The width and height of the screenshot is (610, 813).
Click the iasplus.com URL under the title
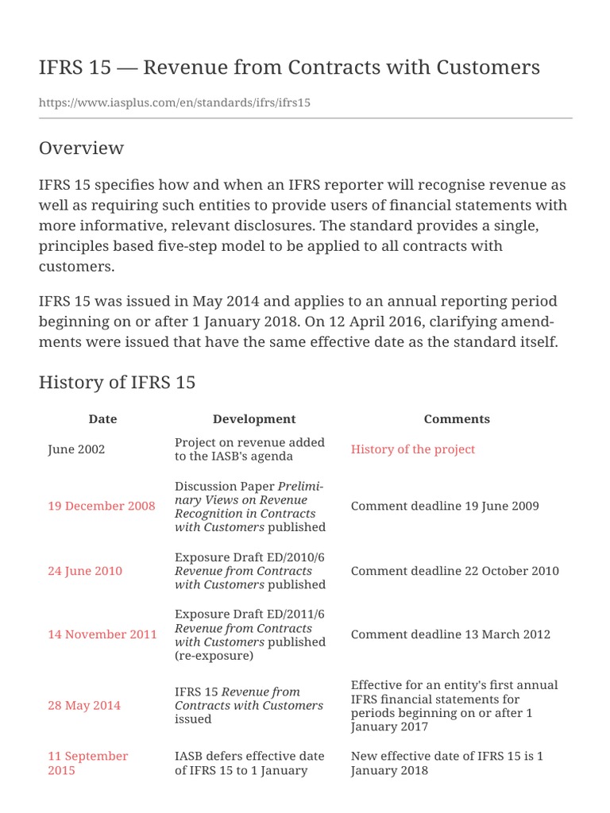(x=175, y=103)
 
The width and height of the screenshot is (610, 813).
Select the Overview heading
(x=81, y=148)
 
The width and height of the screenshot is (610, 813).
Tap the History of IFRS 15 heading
(x=117, y=383)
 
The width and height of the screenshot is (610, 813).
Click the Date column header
(x=102, y=419)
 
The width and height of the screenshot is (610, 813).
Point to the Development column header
(x=254, y=419)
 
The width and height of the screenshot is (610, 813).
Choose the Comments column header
(x=457, y=419)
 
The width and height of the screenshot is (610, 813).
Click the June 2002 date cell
(x=76, y=449)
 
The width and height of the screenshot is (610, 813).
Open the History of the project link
(x=413, y=449)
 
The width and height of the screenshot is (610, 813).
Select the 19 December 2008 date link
(x=102, y=506)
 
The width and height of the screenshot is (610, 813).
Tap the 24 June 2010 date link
(x=85, y=571)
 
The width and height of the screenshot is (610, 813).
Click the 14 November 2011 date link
(x=102, y=634)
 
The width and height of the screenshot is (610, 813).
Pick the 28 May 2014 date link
(x=84, y=705)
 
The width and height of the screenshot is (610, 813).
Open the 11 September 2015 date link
(x=87, y=763)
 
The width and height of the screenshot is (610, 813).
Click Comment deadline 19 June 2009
(x=445, y=506)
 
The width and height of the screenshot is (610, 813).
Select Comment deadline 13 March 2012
(x=450, y=634)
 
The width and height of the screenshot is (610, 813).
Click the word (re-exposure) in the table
(x=214, y=656)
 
